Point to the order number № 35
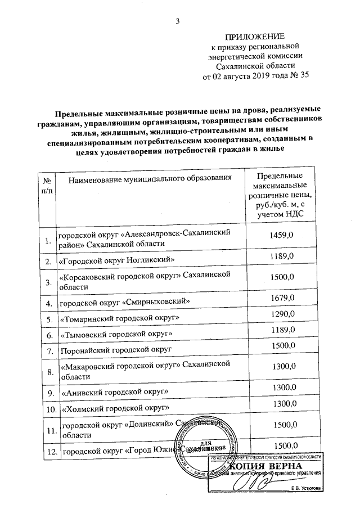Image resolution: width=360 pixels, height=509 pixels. coord(299,76)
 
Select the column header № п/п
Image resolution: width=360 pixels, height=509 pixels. coord(47,186)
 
